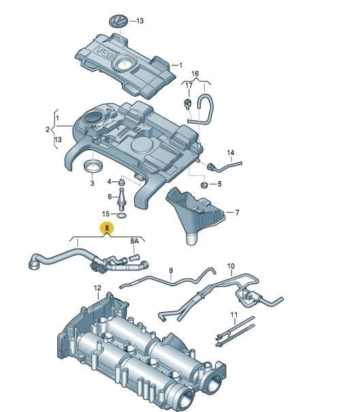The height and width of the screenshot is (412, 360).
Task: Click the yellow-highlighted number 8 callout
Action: coord(107,228)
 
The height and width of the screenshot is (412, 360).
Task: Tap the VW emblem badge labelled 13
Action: coord(118,21)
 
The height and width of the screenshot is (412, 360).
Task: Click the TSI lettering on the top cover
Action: coord(105,52)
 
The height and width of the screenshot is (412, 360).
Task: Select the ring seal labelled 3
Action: coord(93,167)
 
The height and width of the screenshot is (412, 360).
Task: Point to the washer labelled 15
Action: coord(122,216)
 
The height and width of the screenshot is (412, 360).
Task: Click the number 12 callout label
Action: coord(97,288)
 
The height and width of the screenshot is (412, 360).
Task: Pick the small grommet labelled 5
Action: coord(204,185)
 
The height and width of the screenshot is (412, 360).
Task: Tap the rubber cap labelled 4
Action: coord(122,182)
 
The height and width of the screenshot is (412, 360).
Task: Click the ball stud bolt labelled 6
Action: coord(122,198)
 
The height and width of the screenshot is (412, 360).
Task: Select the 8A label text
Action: coord(134,241)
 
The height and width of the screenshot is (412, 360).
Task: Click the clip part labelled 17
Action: coord(188,103)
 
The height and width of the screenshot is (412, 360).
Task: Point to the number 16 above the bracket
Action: coord(195,73)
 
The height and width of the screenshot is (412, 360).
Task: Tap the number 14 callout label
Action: coord(231,152)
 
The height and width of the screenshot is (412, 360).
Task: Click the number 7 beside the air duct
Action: coord(238,212)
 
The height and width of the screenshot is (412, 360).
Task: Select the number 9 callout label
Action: coord(171,271)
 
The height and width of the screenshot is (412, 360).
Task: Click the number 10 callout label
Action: coord(231,266)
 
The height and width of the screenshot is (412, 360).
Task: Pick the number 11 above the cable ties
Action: coord(234,315)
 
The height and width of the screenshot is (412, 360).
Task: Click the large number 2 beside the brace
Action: coord(48,130)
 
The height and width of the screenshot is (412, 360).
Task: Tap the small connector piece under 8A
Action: coord(135,258)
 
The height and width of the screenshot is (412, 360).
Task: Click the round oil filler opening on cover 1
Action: coord(124,64)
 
